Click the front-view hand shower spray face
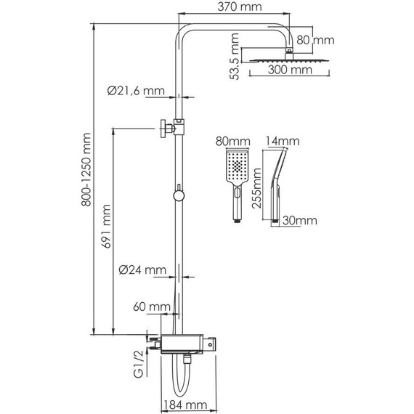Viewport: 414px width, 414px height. [237, 166]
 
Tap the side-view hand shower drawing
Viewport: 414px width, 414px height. [279, 182]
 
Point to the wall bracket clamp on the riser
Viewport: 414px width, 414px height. [169, 129]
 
